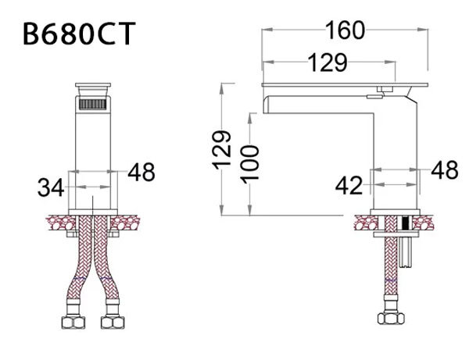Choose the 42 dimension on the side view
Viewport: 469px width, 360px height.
coord(349,184)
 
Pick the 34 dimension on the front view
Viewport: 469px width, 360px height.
coord(52,187)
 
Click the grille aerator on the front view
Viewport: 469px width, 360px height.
coord(93,103)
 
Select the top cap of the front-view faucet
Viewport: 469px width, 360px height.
coord(93,87)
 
